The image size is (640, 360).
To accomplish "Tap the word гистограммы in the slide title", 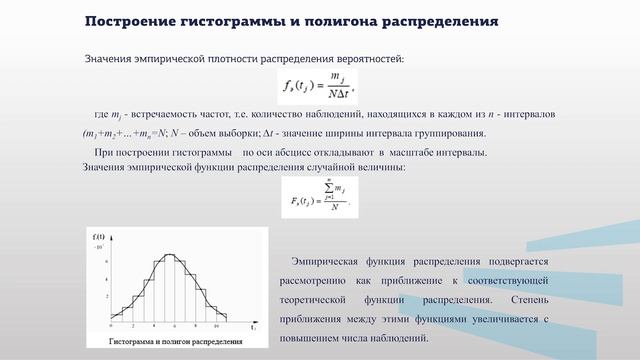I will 236,21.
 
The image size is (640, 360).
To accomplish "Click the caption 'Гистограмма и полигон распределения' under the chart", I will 175,341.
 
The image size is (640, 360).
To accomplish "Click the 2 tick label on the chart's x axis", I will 130,328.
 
